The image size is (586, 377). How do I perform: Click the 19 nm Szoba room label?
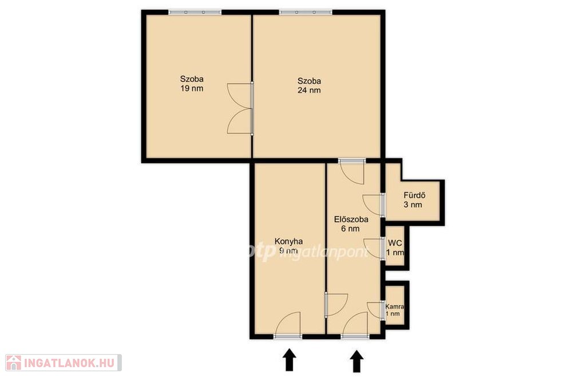click(192, 84)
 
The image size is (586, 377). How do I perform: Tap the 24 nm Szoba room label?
click(309, 85)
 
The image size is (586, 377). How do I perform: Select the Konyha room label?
click(288, 246)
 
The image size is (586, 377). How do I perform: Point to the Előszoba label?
click(351, 224)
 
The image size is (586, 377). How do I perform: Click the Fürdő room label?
click(414, 200)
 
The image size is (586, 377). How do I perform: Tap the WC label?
click(395, 248)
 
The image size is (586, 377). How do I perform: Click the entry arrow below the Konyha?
click(289, 360)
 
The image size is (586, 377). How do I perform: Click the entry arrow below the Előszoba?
click(357, 361)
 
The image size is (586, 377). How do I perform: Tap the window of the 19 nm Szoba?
click(195, 13)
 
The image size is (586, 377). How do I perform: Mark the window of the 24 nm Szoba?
click(306, 13)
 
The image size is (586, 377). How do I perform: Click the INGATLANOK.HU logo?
click(64, 363)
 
